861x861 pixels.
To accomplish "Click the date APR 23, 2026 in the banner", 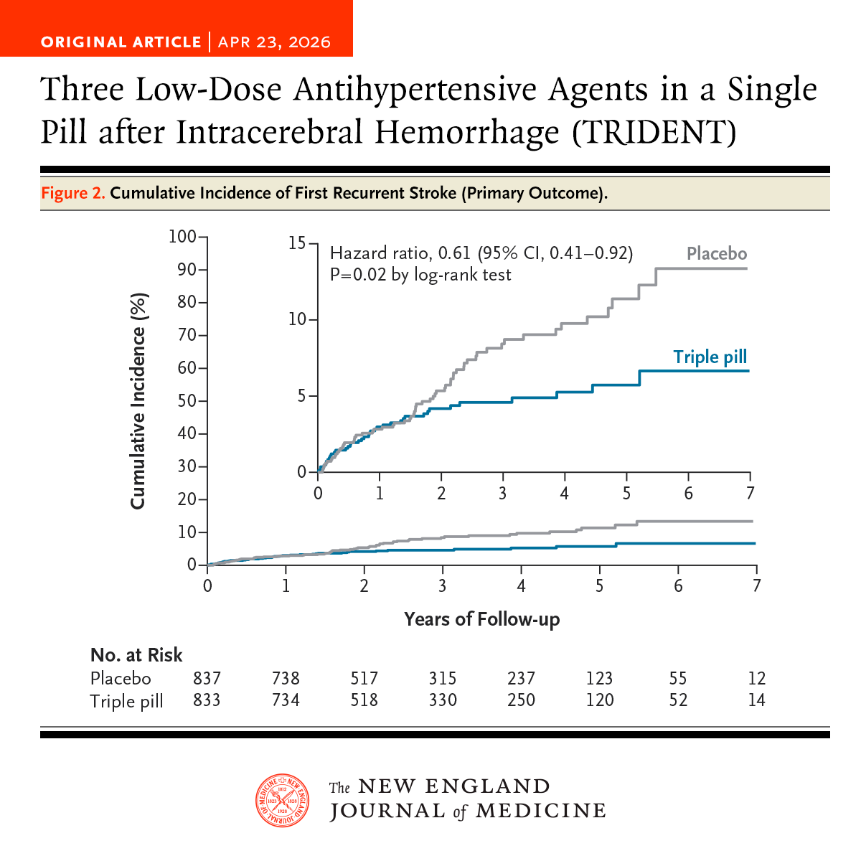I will point(274,42).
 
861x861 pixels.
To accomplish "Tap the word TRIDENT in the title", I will point(655,132).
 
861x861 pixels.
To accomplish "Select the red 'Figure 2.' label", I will point(73,193).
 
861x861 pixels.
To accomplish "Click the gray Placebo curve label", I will point(717,253).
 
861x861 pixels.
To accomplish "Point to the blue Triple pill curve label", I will point(710,357).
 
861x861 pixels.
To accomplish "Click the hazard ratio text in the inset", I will point(481,253).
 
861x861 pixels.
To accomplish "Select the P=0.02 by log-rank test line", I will point(420,275).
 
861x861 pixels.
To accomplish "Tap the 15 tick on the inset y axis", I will point(297,243).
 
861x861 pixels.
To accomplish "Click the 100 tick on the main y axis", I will point(182,236).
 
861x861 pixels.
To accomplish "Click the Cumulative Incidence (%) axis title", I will point(138,400).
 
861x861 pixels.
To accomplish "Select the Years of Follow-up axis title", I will point(481,619).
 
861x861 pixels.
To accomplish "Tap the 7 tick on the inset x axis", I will point(750,494).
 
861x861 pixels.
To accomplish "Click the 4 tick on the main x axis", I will point(521,586).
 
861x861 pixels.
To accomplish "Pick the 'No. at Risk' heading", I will point(136,655).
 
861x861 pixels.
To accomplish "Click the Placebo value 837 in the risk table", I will point(207,678).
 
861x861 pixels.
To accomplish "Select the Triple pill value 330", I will point(443,700).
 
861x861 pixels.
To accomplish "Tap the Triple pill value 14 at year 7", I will point(756,700).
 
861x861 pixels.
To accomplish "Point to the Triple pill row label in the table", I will point(126,701).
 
